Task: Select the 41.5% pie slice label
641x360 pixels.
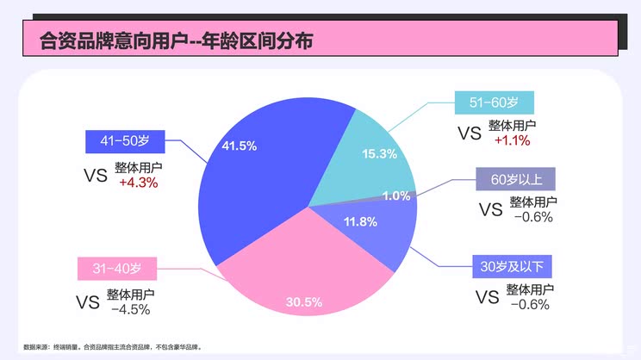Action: [x=239, y=146]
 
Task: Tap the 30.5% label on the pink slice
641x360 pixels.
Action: [x=304, y=302]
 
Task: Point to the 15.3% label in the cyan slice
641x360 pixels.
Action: [x=379, y=154]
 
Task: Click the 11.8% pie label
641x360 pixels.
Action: [x=360, y=221]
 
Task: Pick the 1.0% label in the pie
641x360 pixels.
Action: [x=396, y=196]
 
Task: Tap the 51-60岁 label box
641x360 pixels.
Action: [x=494, y=102]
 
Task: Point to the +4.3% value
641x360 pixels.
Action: [x=139, y=183]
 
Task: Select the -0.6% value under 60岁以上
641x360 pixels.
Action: [x=532, y=217]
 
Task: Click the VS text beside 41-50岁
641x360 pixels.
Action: [x=95, y=175]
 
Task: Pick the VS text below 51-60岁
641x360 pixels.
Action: [x=469, y=133]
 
